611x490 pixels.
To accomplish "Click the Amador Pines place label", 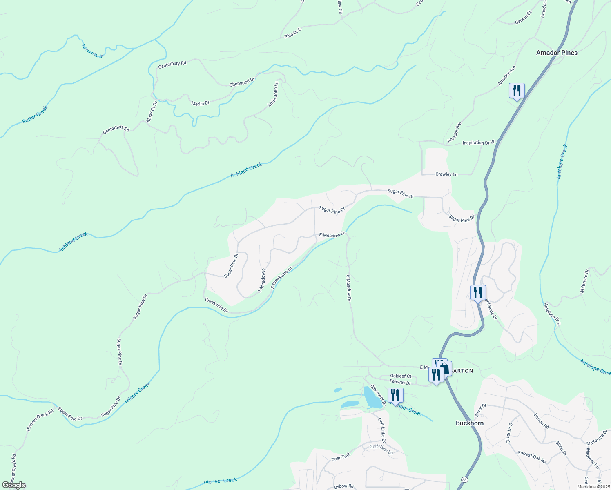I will click(x=557, y=53).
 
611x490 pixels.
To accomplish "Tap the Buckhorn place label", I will click(x=469, y=423).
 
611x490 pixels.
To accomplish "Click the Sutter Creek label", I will click(x=35, y=115).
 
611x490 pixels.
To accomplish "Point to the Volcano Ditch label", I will click(x=93, y=51).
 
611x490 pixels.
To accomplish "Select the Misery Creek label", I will click(x=138, y=393).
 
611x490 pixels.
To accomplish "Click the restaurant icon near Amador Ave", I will click(x=516, y=90).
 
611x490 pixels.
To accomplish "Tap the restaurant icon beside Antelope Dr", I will click(x=477, y=293).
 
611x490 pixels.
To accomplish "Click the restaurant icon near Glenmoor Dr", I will click(x=395, y=395).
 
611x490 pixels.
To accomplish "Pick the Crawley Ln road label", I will click(x=446, y=174).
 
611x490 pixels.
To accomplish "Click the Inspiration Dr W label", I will click(x=478, y=143).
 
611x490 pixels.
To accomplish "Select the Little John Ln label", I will click(x=273, y=94).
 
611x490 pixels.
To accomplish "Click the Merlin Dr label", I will click(x=200, y=104).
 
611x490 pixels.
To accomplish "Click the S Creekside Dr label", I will click(x=282, y=278).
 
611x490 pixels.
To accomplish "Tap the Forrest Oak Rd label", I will click(x=532, y=457).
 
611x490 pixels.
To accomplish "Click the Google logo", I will click(x=13, y=485).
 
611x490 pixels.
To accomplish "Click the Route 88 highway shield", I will click(x=464, y=479).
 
